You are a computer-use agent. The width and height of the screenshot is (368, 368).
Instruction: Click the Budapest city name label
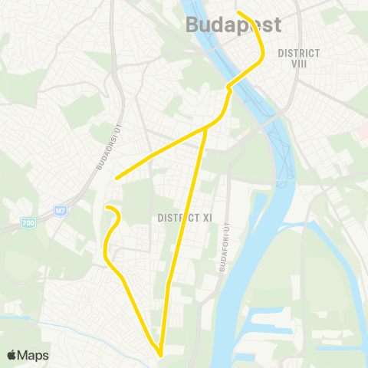234,25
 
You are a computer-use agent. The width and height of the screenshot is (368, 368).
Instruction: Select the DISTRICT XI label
185,218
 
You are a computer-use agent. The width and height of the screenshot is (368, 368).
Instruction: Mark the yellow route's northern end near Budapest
238,12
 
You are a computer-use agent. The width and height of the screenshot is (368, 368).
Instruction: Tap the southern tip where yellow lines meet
160,355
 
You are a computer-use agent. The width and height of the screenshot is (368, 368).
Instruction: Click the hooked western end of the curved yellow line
107,208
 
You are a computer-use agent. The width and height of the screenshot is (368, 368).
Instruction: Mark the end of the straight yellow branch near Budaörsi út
116,179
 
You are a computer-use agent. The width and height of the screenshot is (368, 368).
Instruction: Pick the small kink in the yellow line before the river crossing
229,89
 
